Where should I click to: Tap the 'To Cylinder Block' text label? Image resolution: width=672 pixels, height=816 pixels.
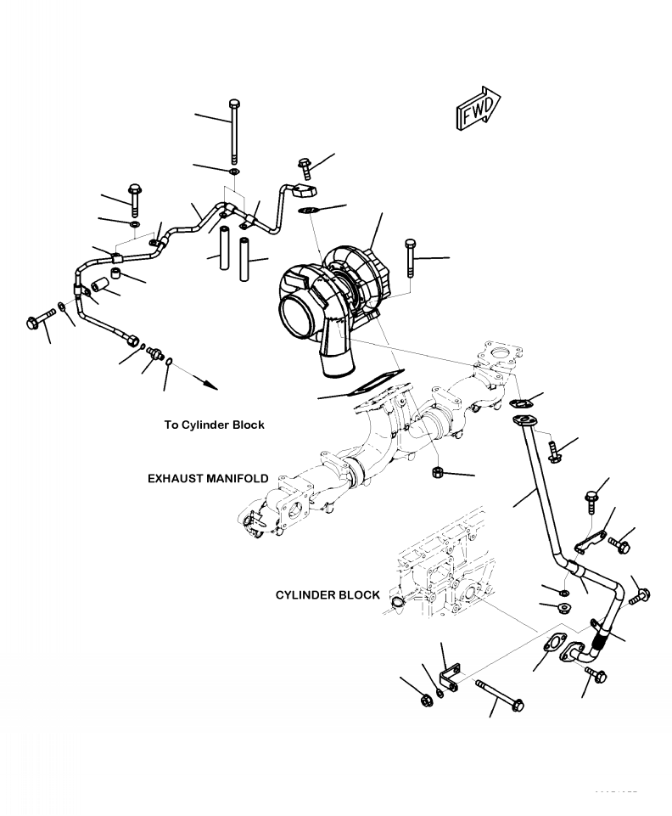point(214,425)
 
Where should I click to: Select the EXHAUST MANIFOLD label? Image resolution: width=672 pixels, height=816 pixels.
point(208,479)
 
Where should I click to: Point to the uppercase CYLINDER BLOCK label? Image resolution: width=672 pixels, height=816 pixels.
point(328,595)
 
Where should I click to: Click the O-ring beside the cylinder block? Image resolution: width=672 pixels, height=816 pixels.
point(396,603)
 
